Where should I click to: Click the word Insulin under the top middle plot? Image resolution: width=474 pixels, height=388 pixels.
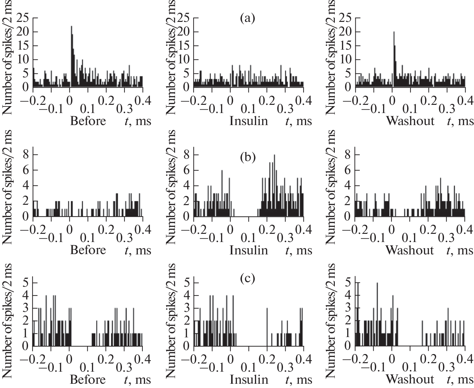tap(249, 121)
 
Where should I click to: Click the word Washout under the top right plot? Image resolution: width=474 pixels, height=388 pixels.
tap(410, 121)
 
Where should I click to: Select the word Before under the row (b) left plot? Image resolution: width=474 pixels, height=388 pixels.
tap(88, 250)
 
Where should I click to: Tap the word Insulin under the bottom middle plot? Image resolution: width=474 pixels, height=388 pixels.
tap(249, 380)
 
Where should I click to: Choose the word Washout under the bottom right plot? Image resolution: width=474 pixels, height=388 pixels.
tap(410, 380)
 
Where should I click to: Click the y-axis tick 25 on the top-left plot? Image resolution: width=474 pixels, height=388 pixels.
tap(22, 19)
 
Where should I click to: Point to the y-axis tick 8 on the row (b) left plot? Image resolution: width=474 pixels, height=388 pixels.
tap(26, 155)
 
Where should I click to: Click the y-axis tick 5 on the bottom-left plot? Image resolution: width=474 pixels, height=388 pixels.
tap(26, 282)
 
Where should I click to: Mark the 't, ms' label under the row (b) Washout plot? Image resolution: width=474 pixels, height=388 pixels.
tap(460, 250)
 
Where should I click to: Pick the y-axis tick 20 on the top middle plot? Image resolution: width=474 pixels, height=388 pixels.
tap(184, 32)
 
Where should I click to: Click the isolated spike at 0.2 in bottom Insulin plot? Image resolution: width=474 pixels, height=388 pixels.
tap(267, 327)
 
